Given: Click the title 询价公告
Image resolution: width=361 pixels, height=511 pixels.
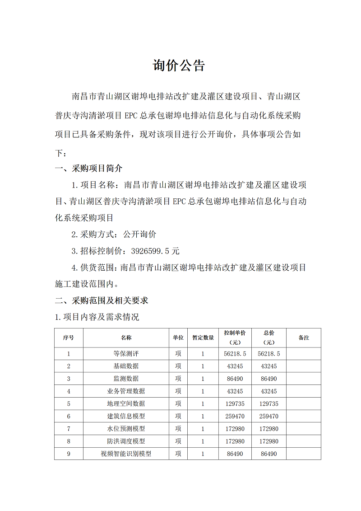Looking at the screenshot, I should pyautogui.click(x=179, y=66).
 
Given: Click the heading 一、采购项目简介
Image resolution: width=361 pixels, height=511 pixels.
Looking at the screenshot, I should pyautogui.click(x=88, y=169).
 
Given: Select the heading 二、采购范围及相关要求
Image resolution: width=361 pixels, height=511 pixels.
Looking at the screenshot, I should pyautogui.click(x=102, y=300).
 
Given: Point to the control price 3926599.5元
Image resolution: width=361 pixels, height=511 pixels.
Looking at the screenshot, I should pyautogui.click(x=155, y=251).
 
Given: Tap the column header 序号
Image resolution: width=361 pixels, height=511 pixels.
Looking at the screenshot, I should pyautogui.click(x=69, y=338).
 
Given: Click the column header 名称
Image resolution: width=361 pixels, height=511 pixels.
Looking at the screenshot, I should pyautogui.click(x=126, y=338).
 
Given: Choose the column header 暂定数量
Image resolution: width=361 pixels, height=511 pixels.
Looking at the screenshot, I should pyautogui.click(x=203, y=338).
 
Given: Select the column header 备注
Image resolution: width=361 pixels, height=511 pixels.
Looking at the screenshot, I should pyautogui.click(x=304, y=338).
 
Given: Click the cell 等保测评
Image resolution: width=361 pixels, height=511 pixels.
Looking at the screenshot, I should pyautogui.click(x=126, y=354).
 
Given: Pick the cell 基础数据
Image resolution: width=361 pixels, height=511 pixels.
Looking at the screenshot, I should pyautogui.click(x=126, y=366).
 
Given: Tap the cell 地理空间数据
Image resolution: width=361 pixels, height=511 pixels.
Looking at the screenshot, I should pyautogui.click(x=126, y=403).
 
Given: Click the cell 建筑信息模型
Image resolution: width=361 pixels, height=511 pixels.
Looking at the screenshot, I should pyautogui.click(x=126, y=416).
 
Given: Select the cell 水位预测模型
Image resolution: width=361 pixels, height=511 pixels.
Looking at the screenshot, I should pyautogui.click(x=126, y=428).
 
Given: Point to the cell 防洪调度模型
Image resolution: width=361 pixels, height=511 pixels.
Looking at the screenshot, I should pyautogui.click(x=126, y=441).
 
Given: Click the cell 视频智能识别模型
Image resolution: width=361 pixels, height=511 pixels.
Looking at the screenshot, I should pyautogui.click(x=126, y=454).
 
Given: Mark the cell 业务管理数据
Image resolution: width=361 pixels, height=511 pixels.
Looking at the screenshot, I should pyautogui.click(x=126, y=391).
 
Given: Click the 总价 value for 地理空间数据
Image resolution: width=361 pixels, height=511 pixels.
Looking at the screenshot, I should pyautogui.click(x=269, y=403).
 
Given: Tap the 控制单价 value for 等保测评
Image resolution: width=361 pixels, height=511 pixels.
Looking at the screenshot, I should pyautogui.click(x=235, y=354).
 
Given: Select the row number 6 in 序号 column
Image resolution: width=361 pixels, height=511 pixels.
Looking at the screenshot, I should pyautogui.click(x=69, y=416).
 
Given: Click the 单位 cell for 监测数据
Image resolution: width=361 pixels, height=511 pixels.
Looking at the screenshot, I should pyautogui.click(x=178, y=379).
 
